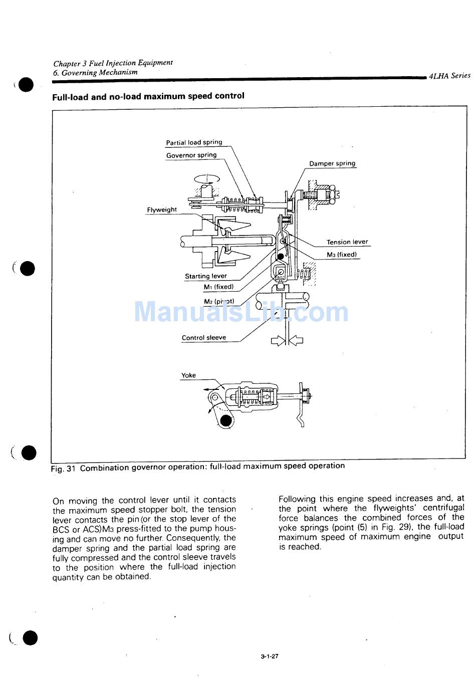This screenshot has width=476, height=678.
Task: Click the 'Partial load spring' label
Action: click(x=194, y=142)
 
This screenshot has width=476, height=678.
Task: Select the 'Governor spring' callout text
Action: click(x=191, y=155)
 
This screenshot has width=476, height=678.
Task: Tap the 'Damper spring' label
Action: click(x=332, y=163)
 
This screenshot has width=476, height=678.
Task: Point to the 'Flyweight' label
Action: click(x=162, y=210)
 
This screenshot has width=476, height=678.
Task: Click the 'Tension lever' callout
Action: click(x=347, y=242)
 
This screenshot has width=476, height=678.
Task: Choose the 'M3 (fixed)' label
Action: click(x=342, y=255)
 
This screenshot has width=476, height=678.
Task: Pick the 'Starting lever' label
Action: click(x=205, y=276)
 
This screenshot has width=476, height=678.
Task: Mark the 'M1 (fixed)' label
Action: click(x=218, y=287)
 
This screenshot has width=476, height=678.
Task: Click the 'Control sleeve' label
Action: click(x=203, y=338)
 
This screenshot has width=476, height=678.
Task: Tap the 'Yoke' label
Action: click(x=188, y=375)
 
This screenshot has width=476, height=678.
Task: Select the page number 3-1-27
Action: click(x=269, y=656)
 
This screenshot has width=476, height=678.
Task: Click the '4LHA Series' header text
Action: click(x=450, y=76)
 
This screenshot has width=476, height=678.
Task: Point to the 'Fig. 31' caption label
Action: click(x=63, y=469)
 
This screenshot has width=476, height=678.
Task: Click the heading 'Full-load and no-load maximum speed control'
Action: click(x=148, y=96)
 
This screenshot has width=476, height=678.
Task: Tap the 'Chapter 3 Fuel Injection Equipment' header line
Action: click(x=113, y=63)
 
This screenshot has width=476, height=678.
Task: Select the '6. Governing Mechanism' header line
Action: click(x=95, y=73)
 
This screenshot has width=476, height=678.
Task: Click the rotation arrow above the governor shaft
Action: click(x=206, y=178)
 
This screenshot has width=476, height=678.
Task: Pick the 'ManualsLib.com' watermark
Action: click(x=241, y=312)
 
